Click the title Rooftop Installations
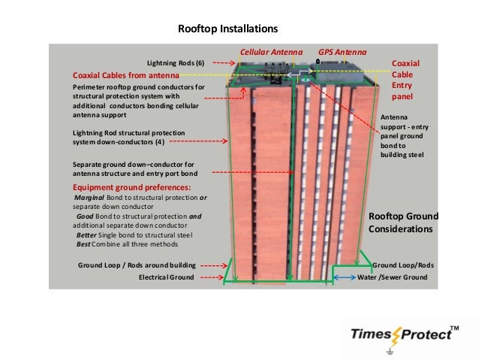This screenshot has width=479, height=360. click(227, 29)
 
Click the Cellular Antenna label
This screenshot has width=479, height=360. click(270, 53)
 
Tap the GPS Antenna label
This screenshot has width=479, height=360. click(342, 53)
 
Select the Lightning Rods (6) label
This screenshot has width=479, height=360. click(175, 63)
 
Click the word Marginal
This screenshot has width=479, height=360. click(89, 197)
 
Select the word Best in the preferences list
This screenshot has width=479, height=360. click(85, 244)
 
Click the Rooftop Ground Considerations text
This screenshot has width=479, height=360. click(402, 222)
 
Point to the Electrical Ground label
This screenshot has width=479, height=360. click(166, 277)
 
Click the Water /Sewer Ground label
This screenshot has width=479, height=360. click(392, 277)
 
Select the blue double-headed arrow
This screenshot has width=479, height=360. click(344, 277)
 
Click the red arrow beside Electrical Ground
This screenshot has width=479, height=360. click(211, 277)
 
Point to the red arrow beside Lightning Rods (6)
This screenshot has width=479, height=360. click(219, 63)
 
